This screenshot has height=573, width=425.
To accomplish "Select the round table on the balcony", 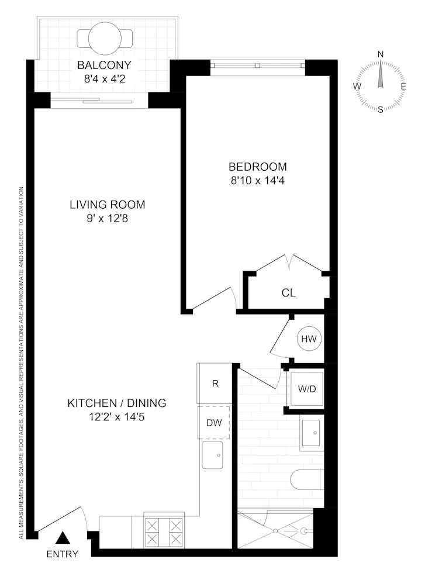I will tap(105, 38).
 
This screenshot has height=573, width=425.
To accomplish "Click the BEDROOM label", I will tap(258, 167).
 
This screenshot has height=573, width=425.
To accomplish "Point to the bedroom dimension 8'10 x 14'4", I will tap(258, 181).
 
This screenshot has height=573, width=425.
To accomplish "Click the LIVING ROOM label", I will tap(107, 205).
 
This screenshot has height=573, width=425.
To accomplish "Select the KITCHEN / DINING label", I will tap(117, 403).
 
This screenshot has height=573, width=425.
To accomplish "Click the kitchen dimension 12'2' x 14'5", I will tap(117, 417).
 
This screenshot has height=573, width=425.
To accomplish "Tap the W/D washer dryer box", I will tap(305, 388).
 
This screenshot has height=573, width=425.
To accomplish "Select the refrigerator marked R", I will tap(215, 384).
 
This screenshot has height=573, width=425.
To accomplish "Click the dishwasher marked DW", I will tap(214, 422).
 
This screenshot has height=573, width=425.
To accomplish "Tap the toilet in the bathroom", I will tap(307, 479).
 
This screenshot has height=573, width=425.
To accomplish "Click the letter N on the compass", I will tap(381, 54).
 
